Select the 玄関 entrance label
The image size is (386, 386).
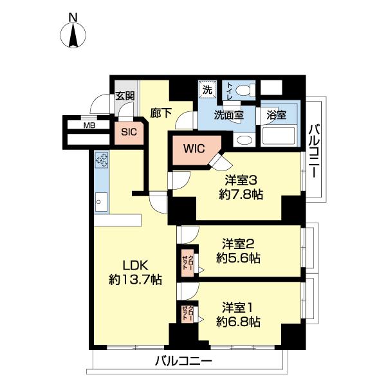coord(125,96)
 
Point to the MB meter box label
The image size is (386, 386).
coord(89,125)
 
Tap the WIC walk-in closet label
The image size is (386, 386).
coord(194,148)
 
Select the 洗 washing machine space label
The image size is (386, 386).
coord(207,89)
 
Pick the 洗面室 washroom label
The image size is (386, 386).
coord(229,116)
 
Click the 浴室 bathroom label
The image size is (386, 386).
coord(277,116)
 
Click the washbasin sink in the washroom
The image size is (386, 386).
coord(243,140)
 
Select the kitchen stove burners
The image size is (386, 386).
coord(102,160)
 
